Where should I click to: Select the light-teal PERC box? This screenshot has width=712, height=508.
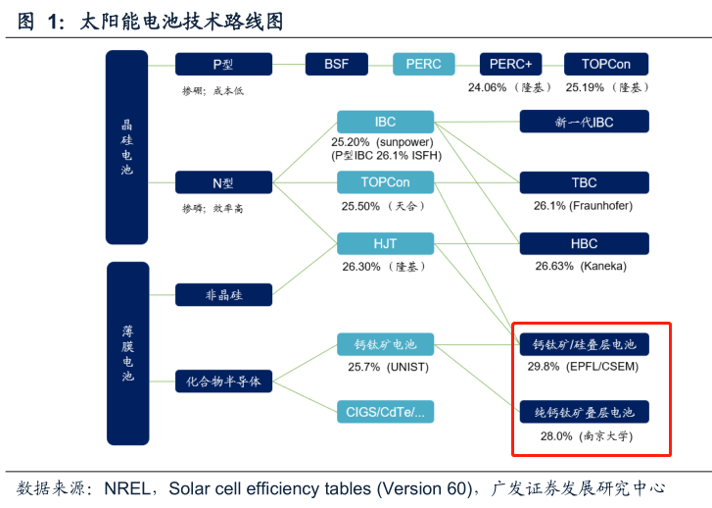click(423, 65)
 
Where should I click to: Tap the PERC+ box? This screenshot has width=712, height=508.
click(510, 65)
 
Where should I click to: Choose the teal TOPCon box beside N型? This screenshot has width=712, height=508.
click(384, 183)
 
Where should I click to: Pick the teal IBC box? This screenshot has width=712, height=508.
click(384, 123)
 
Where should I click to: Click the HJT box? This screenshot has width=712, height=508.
click(384, 243)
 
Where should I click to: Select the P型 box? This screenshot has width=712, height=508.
click(223, 65)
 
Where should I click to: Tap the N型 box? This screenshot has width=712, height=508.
click(223, 183)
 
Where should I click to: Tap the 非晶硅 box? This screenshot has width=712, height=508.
click(223, 294)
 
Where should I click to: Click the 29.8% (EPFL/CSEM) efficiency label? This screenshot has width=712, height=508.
click(585, 367)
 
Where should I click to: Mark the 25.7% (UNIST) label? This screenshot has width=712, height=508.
click(383, 368)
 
